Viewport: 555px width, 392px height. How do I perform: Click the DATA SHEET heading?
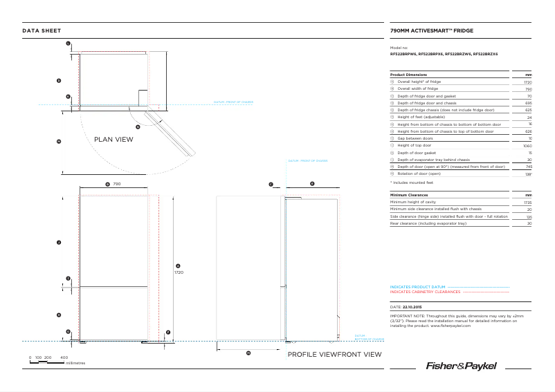click(x=42, y=30)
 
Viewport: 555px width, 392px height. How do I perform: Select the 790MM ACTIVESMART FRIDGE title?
click(x=432, y=31)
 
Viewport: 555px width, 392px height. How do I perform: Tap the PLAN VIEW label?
click(x=113, y=139)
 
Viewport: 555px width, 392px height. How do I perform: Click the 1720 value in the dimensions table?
click(x=527, y=82)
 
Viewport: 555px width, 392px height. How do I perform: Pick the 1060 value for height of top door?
click(x=527, y=146)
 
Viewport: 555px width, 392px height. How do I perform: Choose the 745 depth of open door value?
click(x=528, y=167)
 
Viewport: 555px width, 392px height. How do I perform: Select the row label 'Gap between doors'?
click(x=415, y=139)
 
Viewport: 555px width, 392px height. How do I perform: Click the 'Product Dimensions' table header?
click(x=408, y=75)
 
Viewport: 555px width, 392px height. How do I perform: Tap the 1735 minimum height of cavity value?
click(x=527, y=203)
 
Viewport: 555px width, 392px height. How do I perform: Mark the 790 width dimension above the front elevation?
click(x=118, y=185)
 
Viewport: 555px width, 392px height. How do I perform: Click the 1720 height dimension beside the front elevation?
click(x=179, y=272)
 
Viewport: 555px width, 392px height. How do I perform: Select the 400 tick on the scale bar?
click(x=64, y=357)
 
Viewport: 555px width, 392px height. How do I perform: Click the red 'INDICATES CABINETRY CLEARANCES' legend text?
click(x=425, y=292)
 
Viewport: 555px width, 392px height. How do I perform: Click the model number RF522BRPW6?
click(x=403, y=54)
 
